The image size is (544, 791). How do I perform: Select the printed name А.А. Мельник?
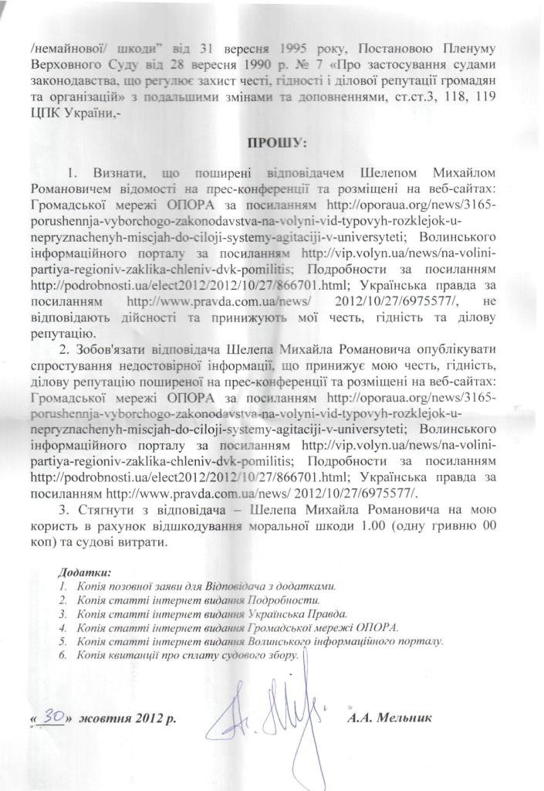click(390, 718)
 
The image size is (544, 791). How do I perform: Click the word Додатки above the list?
click(84, 572)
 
